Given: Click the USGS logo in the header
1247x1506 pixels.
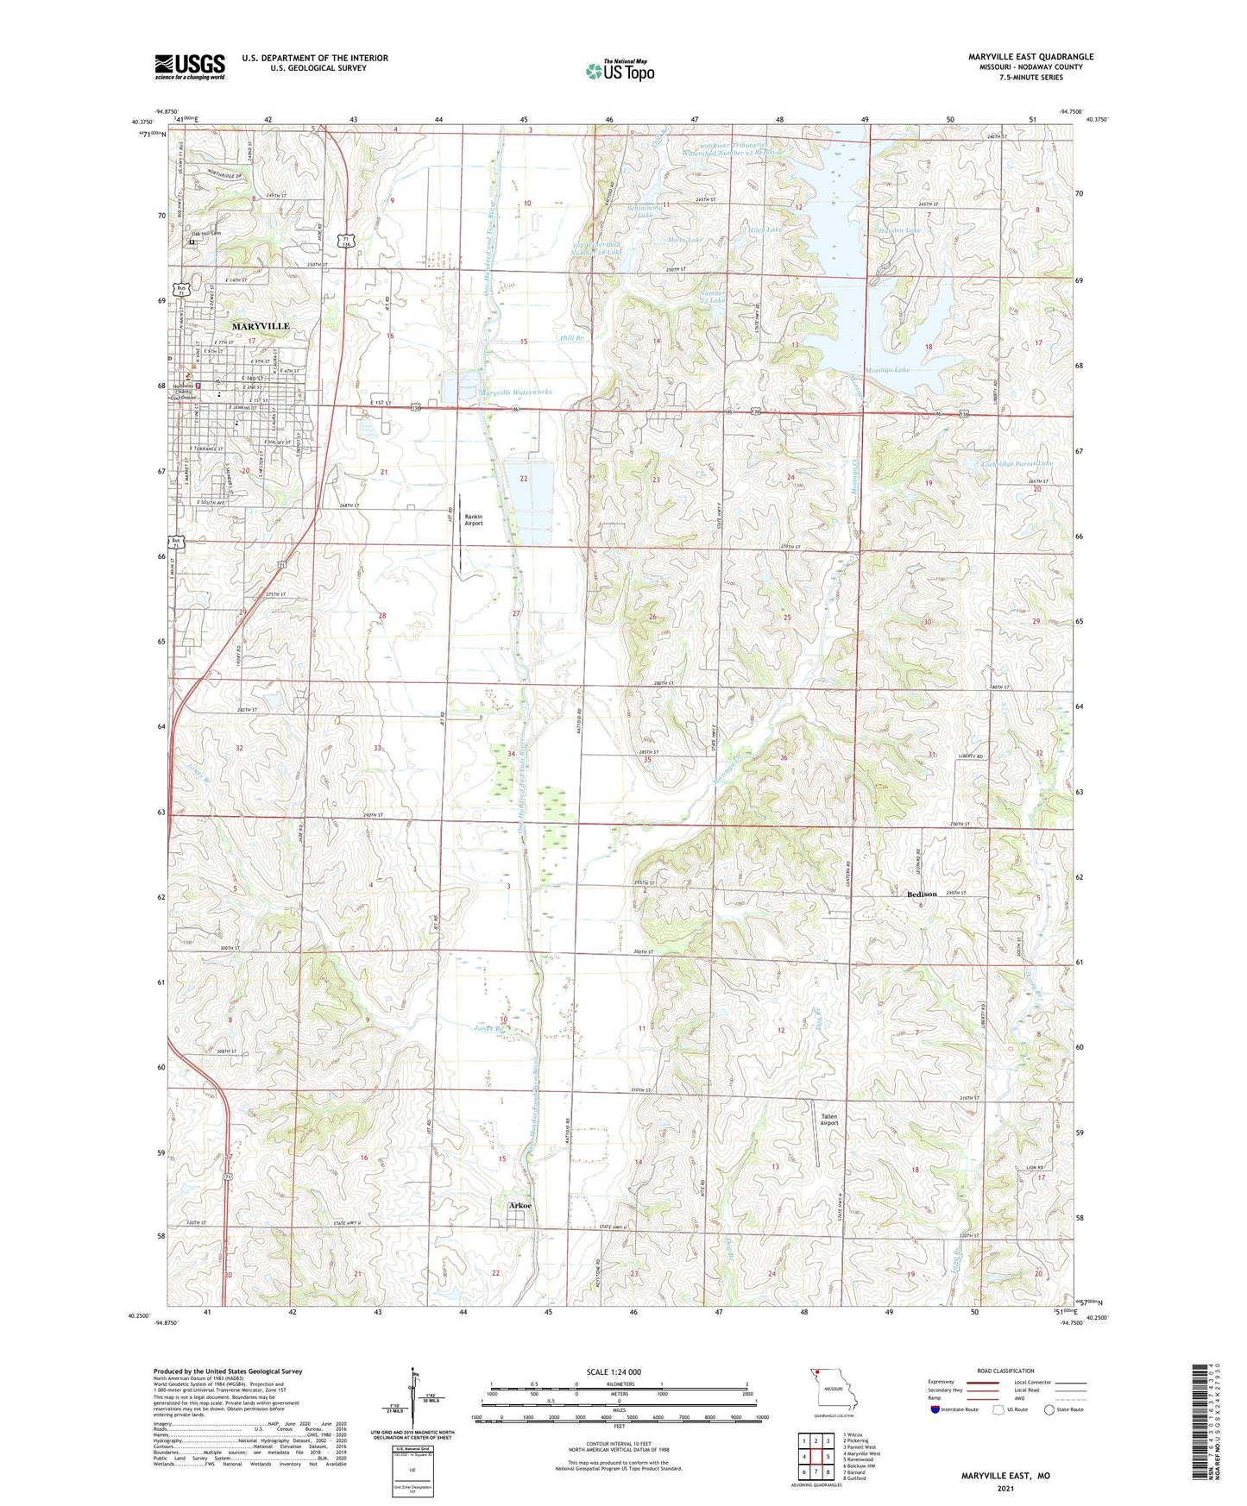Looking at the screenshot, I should coord(190,66).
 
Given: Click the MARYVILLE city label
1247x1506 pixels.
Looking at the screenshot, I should coord(261,326).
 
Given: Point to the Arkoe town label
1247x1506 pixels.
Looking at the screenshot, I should coord(520,1206).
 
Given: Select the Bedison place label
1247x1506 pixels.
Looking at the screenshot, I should coord(922,894).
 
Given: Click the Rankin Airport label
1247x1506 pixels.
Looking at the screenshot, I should coord(474,519).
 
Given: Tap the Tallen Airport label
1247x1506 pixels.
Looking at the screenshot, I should coord(828,1120).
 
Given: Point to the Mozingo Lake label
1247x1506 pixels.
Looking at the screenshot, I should coord(891,369).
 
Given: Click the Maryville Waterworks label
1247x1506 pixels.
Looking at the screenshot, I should coord(515,392).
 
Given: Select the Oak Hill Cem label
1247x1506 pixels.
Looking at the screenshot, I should coord(206,233).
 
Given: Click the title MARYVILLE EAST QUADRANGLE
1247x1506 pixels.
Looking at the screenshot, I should coord(1030,57).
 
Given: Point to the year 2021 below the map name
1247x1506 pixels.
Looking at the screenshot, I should coord(1005,1488).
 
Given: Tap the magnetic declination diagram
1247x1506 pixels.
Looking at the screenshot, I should coord(416,1402).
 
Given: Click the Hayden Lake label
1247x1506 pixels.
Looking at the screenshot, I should coord(898,230).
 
